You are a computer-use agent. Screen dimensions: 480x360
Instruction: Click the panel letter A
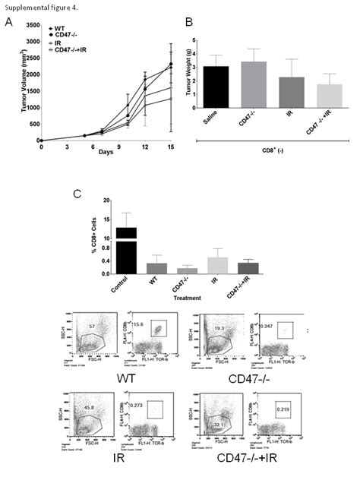(x=8, y=23)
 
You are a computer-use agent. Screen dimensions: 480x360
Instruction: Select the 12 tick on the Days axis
(x=145, y=148)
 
